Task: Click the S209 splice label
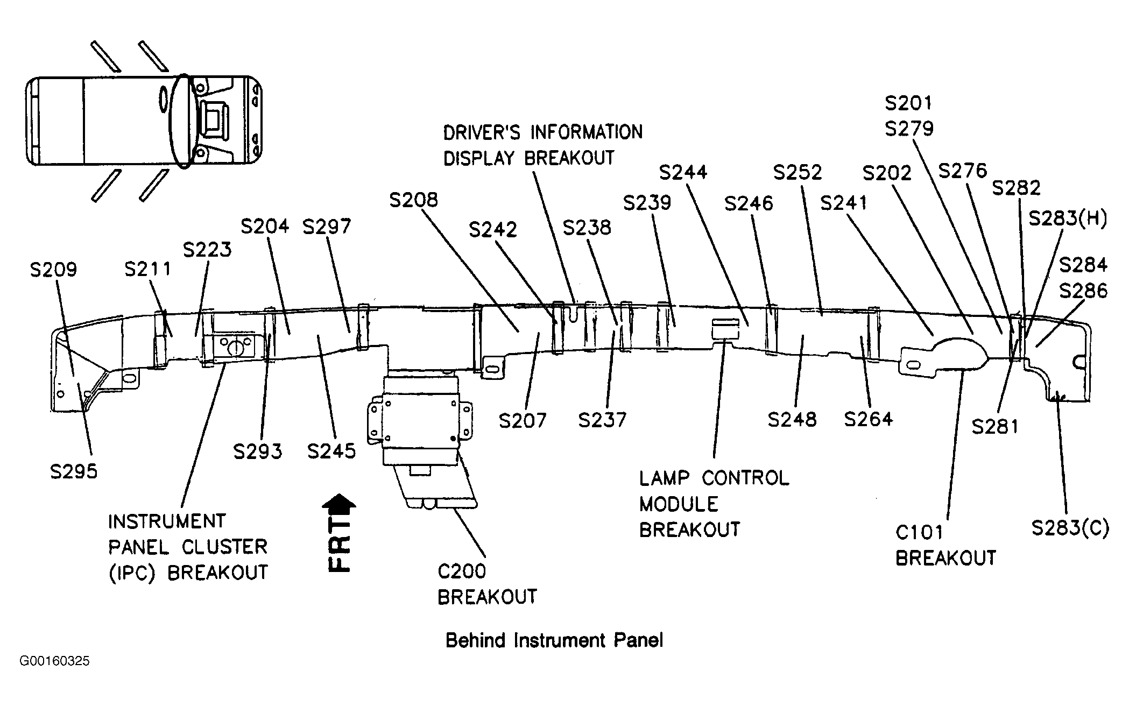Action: (53, 270)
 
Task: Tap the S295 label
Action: (74, 472)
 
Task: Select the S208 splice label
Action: (414, 200)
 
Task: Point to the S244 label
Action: (683, 173)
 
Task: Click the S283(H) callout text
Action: (1068, 219)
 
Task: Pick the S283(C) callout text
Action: (1070, 528)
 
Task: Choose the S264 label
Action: (868, 419)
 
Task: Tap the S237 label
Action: (602, 420)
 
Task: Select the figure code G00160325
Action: (54, 661)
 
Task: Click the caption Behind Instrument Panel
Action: (554, 640)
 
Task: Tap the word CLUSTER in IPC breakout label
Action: (225, 547)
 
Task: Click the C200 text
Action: (462, 571)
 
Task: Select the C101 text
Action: (919, 533)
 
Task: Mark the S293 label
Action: (257, 451)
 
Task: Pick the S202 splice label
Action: (887, 173)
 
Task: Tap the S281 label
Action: (995, 427)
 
